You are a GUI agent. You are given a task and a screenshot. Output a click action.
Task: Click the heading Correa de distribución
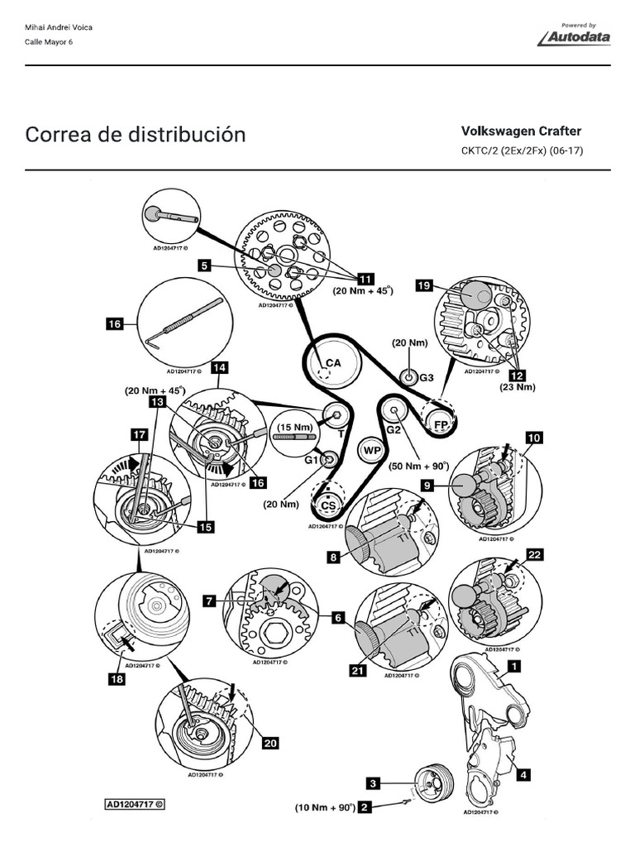(136, 134)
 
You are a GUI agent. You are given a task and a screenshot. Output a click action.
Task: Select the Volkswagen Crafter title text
(521, 131)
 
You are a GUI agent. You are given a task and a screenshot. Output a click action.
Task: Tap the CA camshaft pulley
(332, 362)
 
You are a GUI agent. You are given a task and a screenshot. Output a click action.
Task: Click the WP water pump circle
(371, 451)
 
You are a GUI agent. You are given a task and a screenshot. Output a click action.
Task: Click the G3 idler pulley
(409, 377)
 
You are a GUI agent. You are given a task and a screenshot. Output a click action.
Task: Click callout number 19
(424, 285)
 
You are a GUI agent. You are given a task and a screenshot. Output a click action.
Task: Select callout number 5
(206, 266)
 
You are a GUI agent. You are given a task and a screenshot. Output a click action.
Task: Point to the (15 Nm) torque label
(295, 427)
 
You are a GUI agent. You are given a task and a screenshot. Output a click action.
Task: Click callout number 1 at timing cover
(513, 663)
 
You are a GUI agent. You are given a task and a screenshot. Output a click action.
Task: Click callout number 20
(270, 743)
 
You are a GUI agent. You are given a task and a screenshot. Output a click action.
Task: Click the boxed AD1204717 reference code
(135, 803)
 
